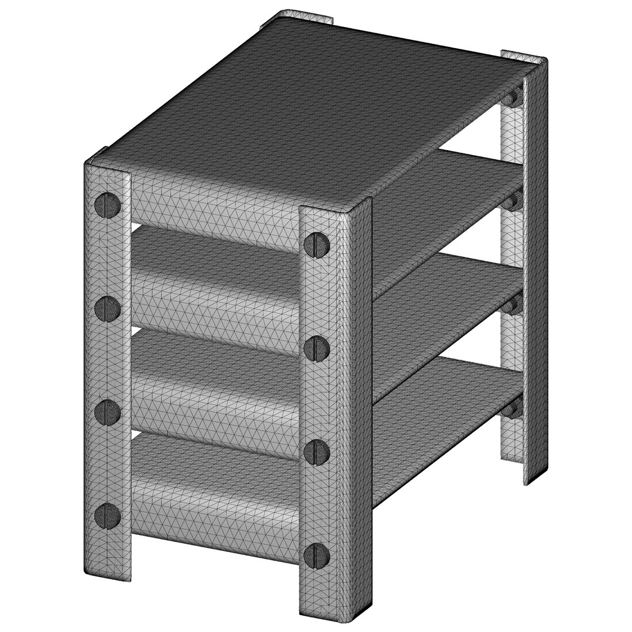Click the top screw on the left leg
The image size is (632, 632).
(108, 205)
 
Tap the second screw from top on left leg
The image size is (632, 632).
(108, 307)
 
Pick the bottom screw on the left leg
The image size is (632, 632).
(108, 515)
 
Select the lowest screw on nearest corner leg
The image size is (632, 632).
(316, 554)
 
